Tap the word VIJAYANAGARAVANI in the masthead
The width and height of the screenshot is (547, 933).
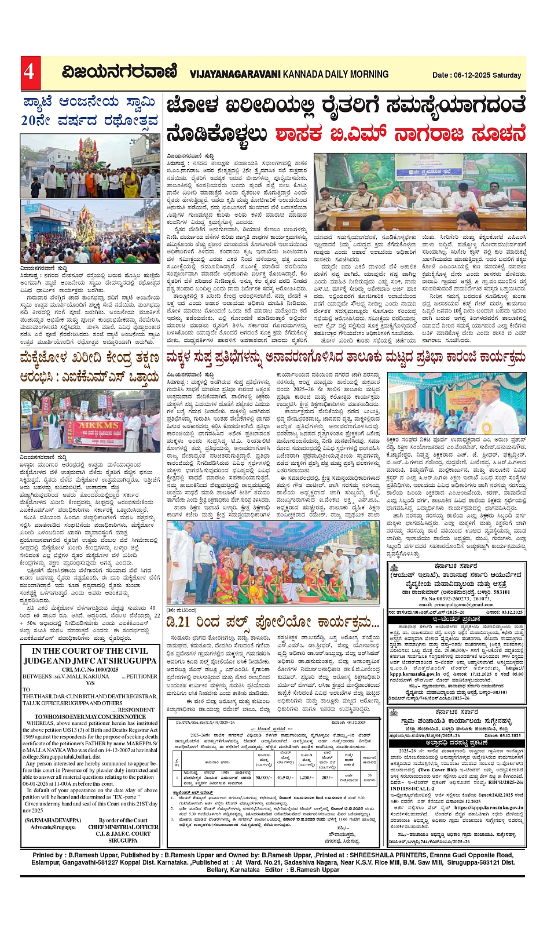click(x=234, y=74)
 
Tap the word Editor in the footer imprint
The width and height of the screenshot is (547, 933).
click(x=274, y=870)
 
